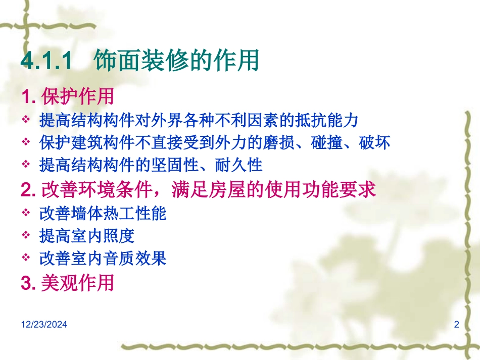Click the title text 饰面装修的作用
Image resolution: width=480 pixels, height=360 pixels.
(x=176, y=61)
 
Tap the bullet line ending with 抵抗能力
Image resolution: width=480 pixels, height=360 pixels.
(x=199, y=120)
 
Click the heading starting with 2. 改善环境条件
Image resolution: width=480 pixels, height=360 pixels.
(x=198, y=189)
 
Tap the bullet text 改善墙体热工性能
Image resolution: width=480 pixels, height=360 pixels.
(x=103, y=214)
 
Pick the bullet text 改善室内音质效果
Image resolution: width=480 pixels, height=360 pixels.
(x=103, y=259)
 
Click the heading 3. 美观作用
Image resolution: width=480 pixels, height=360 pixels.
(x=67, y=283)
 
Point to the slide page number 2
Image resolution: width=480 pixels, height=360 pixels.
(x=457, y=325)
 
